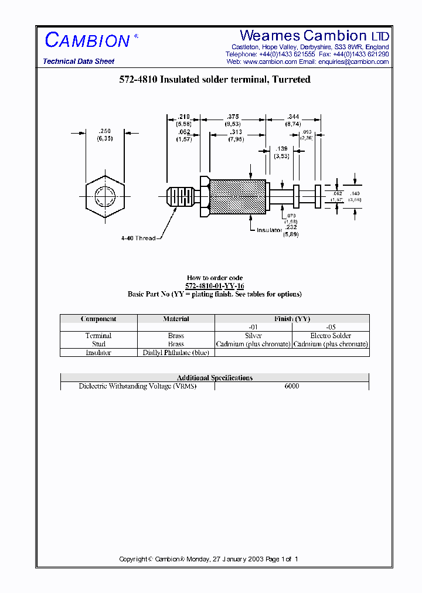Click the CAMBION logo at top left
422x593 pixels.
click(88, 40)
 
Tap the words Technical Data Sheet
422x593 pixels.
click(79, 62)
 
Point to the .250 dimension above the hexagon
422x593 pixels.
click(105, 131)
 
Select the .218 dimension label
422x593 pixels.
click(183, 117)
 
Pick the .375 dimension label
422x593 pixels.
click(233, 117)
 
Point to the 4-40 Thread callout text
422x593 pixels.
click(138, 238)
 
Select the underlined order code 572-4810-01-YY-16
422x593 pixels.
click(215, 286)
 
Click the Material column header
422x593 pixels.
click(176, 319)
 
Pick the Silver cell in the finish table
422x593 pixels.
click(253, 336)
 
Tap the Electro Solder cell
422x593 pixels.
click(331, 336)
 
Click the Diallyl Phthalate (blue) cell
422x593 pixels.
click(176, 353)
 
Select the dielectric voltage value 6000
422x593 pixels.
click(291, 386)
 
